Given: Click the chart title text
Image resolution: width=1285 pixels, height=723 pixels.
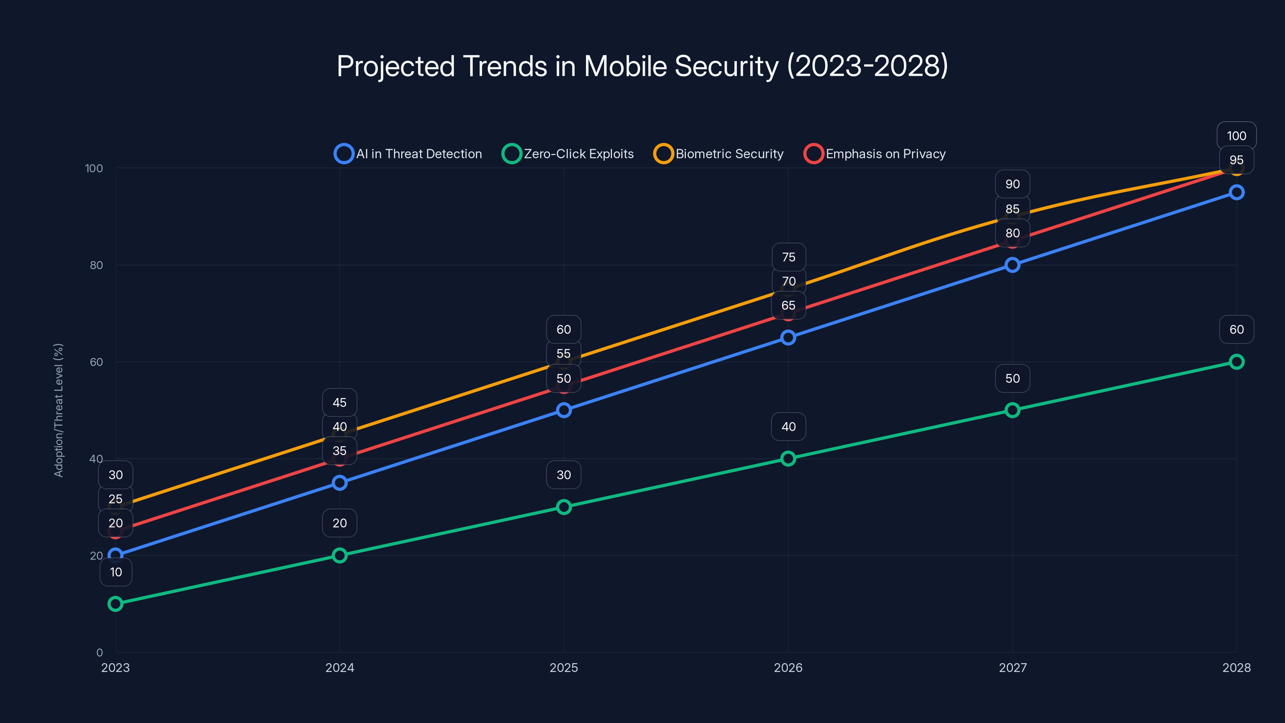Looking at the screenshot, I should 642,66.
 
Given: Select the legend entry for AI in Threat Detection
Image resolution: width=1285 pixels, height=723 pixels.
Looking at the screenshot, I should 408,154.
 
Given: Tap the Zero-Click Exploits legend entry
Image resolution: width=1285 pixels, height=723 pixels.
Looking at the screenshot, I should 568,154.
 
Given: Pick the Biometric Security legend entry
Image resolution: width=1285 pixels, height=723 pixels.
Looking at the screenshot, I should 719,154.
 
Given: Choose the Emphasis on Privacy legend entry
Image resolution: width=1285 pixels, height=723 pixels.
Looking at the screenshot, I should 875,154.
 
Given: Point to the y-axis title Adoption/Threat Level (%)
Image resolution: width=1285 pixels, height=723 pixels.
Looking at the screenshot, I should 58,410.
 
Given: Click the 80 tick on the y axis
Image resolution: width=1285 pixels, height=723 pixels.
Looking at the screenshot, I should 96,265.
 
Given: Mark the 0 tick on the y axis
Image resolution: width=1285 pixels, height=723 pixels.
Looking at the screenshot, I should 99,652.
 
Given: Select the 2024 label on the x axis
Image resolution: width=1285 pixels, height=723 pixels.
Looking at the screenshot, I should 339,668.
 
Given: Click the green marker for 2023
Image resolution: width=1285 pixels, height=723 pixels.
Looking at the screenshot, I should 115,604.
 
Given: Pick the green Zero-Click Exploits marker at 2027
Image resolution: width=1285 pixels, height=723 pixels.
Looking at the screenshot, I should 1012,410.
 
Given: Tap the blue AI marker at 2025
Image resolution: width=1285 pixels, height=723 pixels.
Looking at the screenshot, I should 564,410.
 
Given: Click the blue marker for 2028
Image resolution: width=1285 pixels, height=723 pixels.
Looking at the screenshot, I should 1236,193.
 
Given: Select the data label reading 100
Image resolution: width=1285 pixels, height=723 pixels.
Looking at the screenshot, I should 1236,136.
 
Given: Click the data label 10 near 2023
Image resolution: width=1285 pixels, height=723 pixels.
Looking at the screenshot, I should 116,572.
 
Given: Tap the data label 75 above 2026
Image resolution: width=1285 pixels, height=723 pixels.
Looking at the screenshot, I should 788,257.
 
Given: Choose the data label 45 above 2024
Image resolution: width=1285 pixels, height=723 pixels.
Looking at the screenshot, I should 339,402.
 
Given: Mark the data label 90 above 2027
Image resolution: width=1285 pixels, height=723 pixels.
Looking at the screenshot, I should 1012,184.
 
